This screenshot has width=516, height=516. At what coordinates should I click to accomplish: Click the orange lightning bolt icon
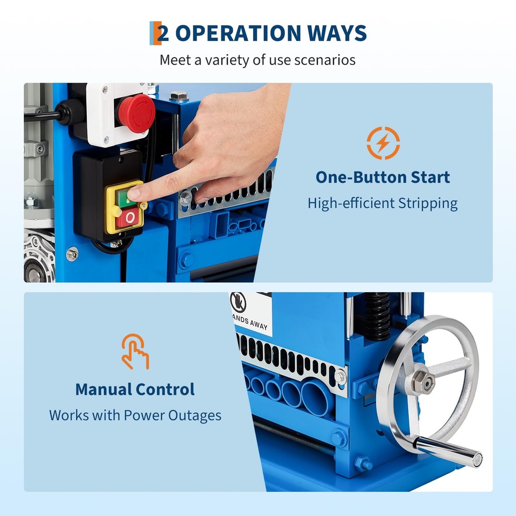pyautogui.click(x=383, y=143)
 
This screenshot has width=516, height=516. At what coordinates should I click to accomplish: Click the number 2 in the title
pyautogui.click(x=163, y=34)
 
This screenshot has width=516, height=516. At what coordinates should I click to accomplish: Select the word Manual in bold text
pyautogui.click(x=103, y=389)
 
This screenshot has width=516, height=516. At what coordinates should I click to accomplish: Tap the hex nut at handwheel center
pyautogui.click(x=423, y=381)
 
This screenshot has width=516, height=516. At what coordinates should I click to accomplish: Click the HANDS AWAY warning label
pyautogui.click(x=250, y=313)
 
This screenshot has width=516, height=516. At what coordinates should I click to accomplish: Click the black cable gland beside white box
pyautogui.click(x=69, y=110)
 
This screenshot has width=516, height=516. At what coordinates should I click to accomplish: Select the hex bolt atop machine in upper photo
pyautogui.click(x=179, y=96)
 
